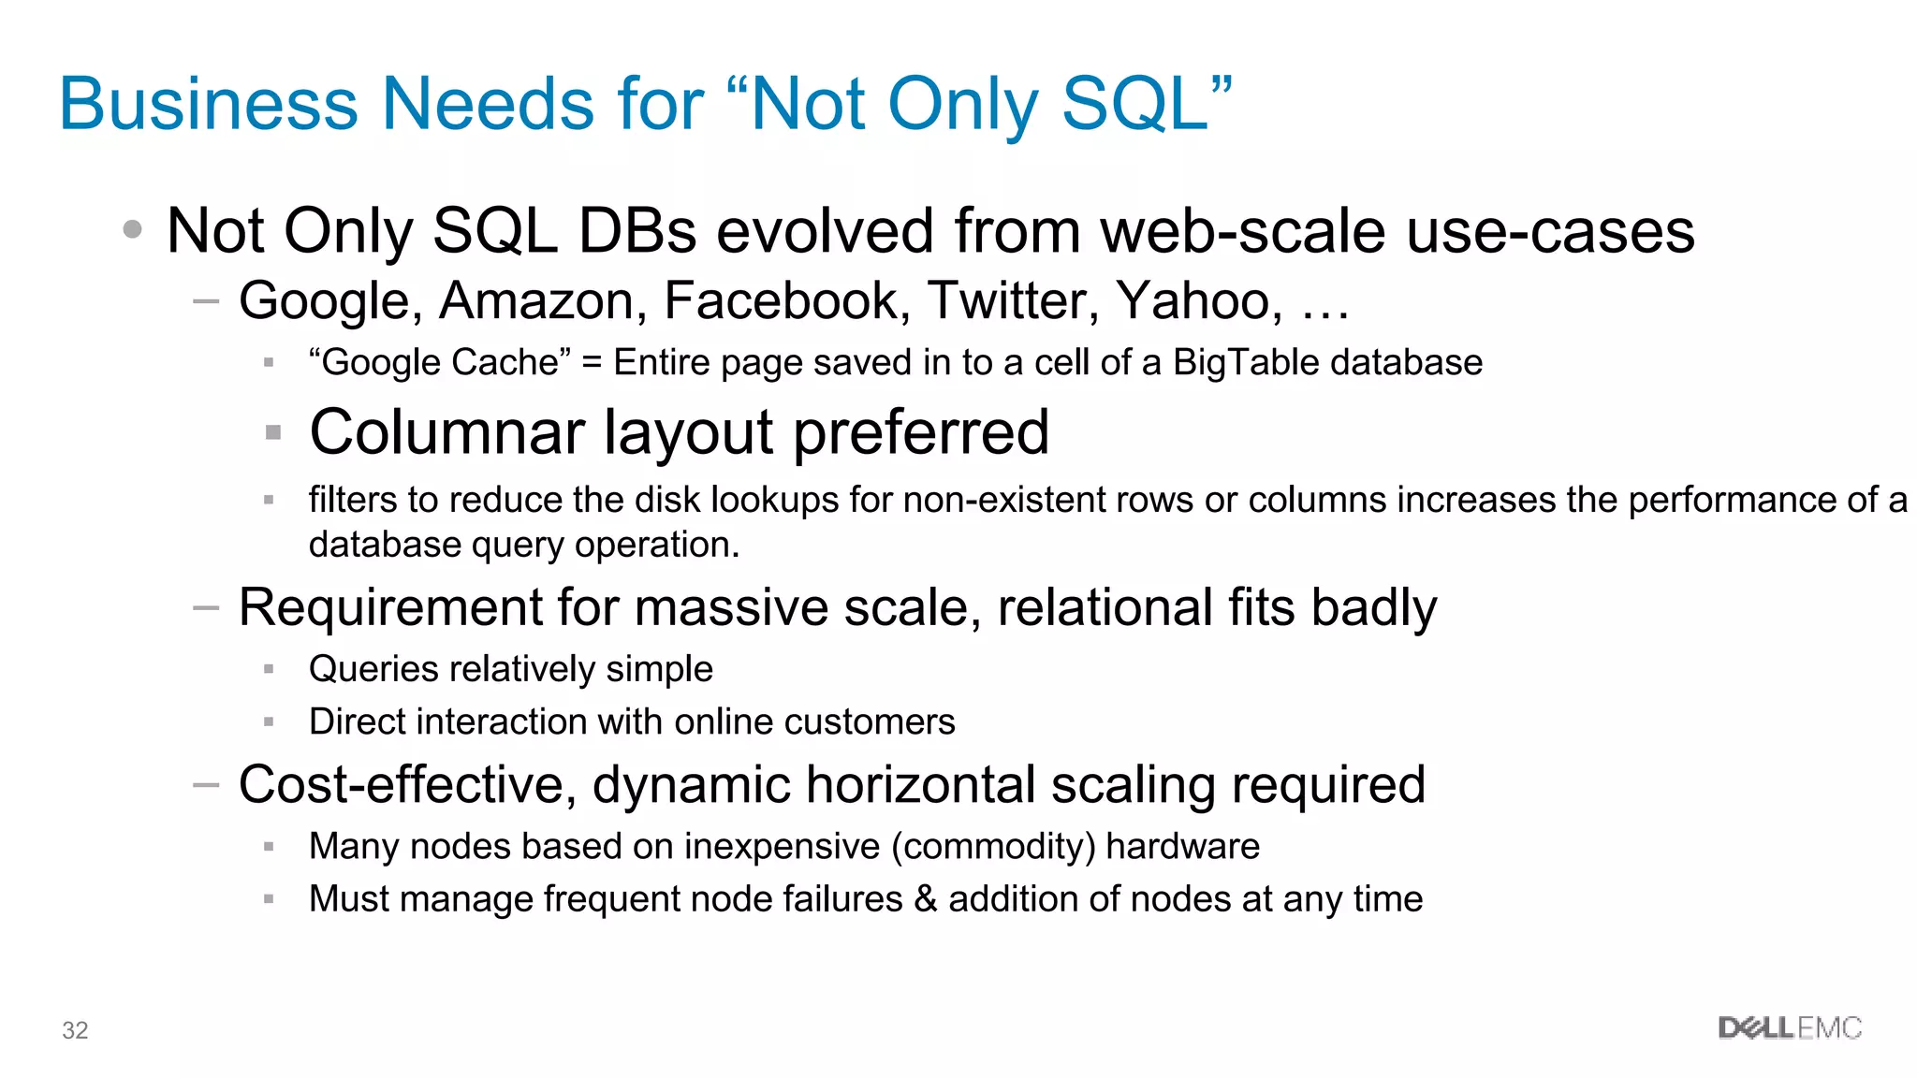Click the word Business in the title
[x=209, y=104]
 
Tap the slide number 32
[x=75, y=1030]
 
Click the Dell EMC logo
[x=1790, y=1028]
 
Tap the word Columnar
[x=447, y=432]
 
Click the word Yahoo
[x=1199, y=301]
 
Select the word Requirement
[x=389, y=607]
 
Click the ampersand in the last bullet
[x=926, y=899]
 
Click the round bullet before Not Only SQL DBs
[x=133, y=229]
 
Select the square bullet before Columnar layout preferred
[x=273, y=432]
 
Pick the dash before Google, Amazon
[x=206, y=301]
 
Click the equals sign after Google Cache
[x=592, y=363]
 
